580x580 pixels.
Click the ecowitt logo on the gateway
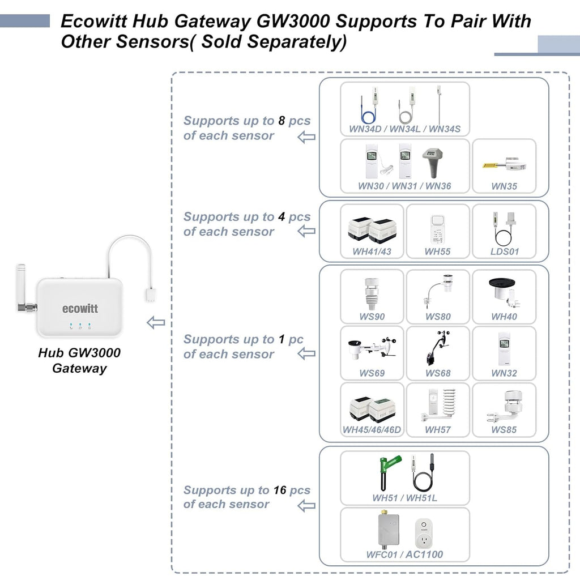tap(80, 309)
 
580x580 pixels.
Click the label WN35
tap(504, 186)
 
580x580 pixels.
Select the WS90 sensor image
tap(372, 292)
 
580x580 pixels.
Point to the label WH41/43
tap(372, 251)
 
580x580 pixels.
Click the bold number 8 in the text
tap(281, 121)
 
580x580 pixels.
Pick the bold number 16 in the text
tap(279, 490)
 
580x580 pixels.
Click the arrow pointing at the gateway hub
tap(156, 323)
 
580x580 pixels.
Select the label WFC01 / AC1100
tap(404, 555)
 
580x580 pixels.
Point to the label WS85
tap(504, 429)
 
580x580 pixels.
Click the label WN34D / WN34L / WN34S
tap(404, 129)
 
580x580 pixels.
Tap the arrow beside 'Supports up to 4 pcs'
tap(306, 231)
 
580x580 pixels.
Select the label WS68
tap(438, 373)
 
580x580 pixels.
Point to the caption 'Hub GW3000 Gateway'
tap(79, 360)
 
